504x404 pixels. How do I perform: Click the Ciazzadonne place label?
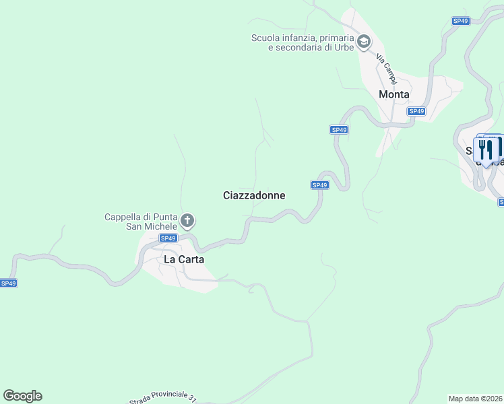254,195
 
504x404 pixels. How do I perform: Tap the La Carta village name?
184,259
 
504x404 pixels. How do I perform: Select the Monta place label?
394,94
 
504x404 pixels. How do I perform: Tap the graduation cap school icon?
363,42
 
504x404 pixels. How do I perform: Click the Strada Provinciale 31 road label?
162,398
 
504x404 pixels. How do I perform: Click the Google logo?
22,396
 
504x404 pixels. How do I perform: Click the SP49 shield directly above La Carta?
168,238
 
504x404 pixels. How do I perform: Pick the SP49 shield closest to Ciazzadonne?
319,184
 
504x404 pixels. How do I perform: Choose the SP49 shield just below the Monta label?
416,111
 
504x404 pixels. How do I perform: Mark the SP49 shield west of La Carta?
8,283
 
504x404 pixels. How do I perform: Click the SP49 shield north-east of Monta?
460,22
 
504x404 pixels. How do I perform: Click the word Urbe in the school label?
344,48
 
